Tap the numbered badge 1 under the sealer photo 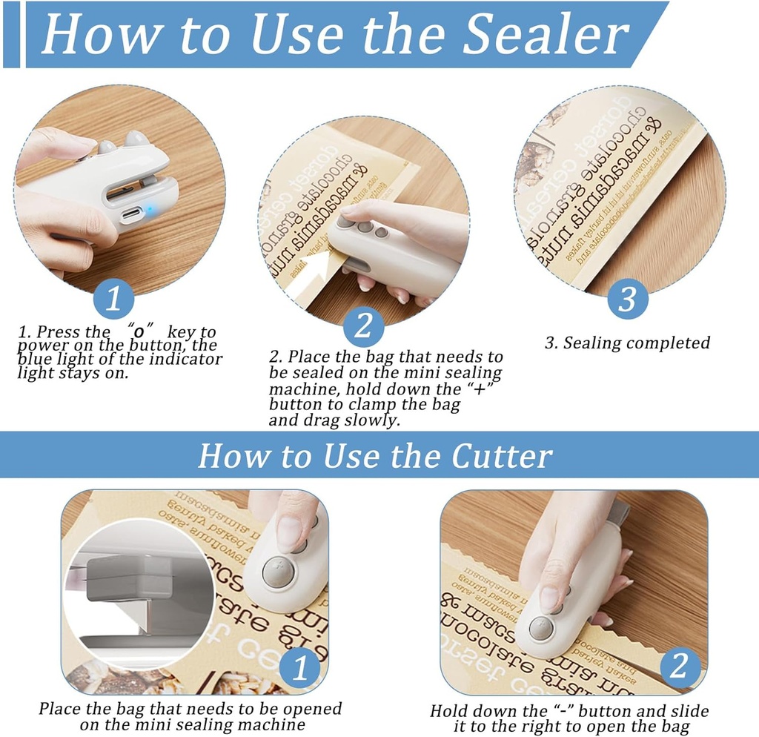tap(113, 300)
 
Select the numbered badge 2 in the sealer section tap(363, 326)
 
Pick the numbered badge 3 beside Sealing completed tap(628, 300)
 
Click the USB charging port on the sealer tap(130, 216)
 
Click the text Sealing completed tap(627, 343)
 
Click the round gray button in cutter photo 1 tap(278, 572)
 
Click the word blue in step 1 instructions tap(34, 359)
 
